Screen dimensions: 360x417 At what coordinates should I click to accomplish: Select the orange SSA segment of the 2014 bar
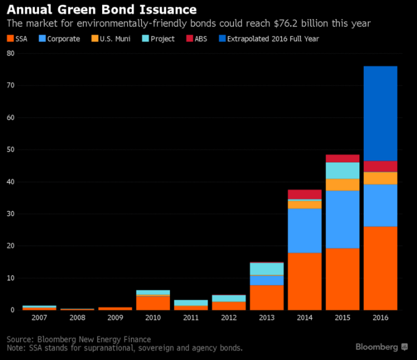305,281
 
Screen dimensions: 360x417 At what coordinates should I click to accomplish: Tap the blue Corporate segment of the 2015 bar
343,219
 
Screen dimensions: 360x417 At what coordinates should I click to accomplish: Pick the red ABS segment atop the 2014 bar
305,194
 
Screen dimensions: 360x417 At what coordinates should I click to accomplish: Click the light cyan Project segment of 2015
343,171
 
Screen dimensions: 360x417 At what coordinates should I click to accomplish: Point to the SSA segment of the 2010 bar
153,303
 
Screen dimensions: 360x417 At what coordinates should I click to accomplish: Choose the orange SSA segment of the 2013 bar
266,297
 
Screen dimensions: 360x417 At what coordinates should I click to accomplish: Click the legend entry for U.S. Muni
112,39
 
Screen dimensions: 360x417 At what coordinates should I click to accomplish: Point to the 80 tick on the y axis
10,53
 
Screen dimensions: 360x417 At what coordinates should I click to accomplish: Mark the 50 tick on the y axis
10,149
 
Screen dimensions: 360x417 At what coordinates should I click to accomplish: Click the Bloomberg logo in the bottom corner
381,346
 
